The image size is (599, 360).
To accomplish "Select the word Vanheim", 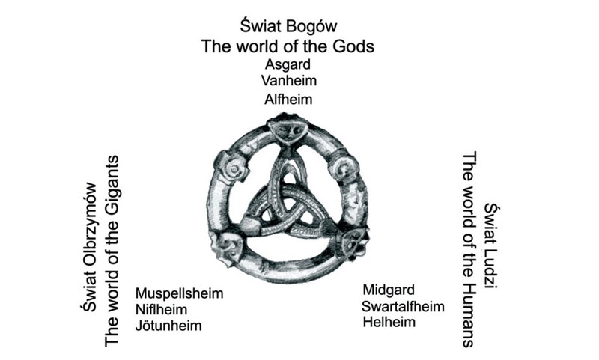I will coord(288,81).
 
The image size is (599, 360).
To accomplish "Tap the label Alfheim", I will coord(288,98).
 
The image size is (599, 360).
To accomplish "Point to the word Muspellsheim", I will coord(179,293).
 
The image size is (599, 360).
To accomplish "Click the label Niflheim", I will coord(161,309).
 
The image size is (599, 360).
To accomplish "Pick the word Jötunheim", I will coord(168,326).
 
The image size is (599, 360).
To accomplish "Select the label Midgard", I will coord(389,290).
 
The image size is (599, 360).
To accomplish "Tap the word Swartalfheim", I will coord(403,306).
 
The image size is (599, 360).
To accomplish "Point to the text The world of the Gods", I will coord(288,46).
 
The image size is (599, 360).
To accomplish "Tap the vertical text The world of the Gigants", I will coord(112,251).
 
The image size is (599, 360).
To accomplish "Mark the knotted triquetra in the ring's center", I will coord(285,202).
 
